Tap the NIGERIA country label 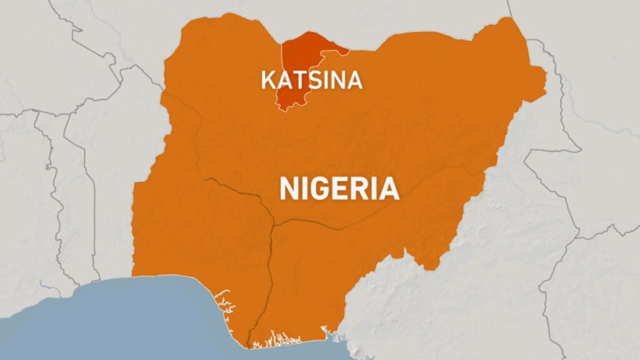[339, 188]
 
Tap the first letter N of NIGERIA [290, 188]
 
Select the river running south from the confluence [269, 275]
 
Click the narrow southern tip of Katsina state [284, 108]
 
